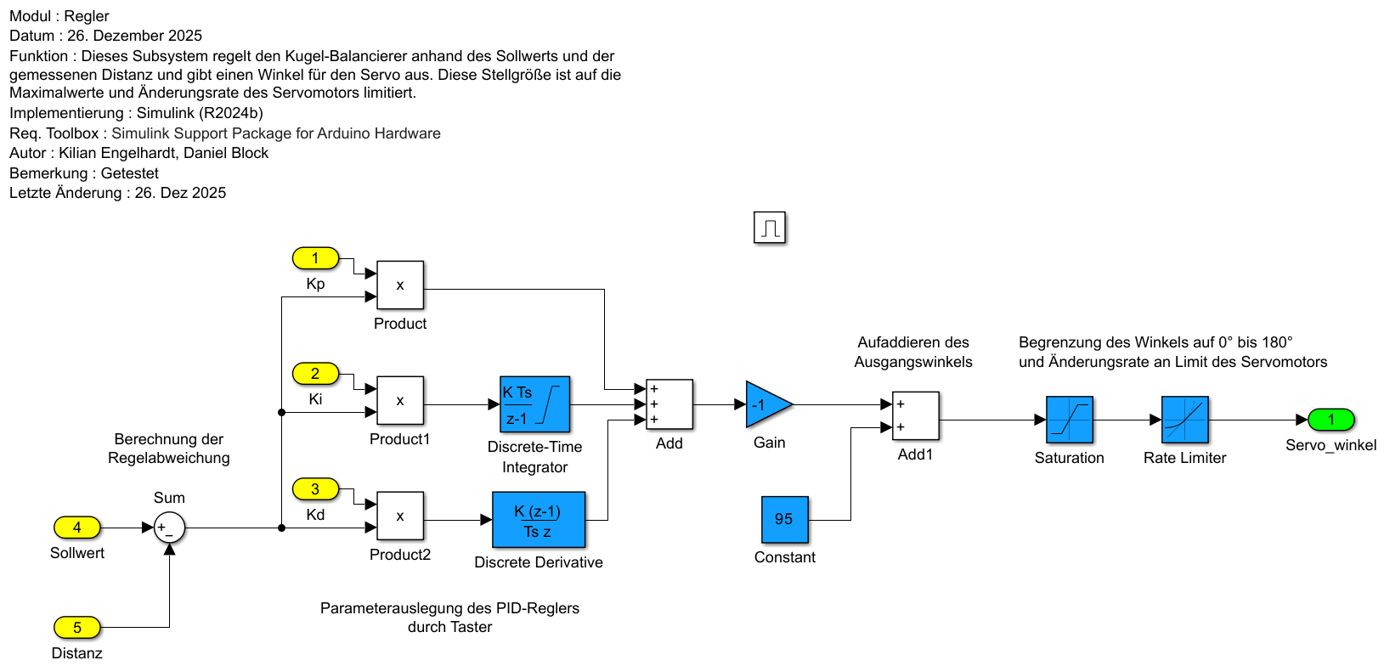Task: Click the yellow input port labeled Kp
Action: (315, 258)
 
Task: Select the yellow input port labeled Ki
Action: (315, 374)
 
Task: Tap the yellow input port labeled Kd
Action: (315, 489)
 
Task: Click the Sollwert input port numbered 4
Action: (77, 528)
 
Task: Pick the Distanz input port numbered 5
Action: (77, 628)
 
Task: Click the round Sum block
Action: (169, 528)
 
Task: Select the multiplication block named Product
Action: (400, 285)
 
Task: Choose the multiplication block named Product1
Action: (400, 400)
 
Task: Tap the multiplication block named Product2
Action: (400, 516)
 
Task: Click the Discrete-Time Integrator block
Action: (534, 404)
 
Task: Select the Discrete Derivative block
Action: (539, 520)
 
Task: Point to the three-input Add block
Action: (669, 404)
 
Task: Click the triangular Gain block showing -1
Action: (766, 404)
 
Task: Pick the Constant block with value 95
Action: (784, 519)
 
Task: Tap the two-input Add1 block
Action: (915, 415)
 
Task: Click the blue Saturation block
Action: (1069, 420)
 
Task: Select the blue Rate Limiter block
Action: (1184, 420)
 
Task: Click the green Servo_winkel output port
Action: (1330, 420)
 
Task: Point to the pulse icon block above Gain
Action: (770, 228)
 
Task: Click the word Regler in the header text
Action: (87, 16)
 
